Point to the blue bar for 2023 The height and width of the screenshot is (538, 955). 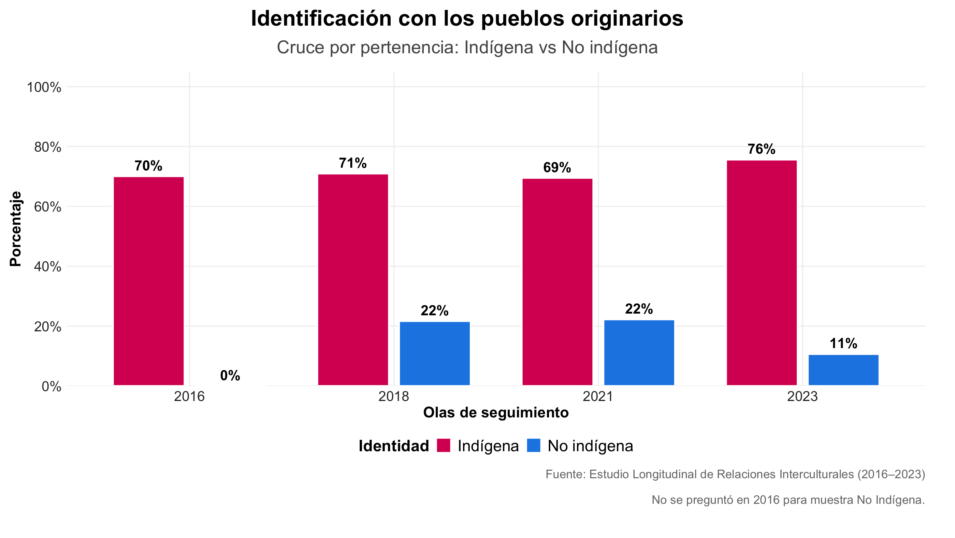coord(843,370)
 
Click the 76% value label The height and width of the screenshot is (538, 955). coord(762,149)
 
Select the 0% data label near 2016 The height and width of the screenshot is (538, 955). coord(230,375)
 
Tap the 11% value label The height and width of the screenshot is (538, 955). coord(843,343)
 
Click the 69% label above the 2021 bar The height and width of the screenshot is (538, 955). coord(557,167)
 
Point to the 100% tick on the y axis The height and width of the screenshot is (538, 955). coord(44,87)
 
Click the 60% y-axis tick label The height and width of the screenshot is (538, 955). coord(47,207)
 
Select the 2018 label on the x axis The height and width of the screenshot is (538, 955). coord(393,397)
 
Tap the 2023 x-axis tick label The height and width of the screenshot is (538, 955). coord(802,397)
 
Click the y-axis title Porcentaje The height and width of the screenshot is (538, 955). coord(16,229)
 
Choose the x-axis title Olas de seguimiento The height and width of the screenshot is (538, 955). coord(496,413)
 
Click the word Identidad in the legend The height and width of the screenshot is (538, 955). coord(394,446)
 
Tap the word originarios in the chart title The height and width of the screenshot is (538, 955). coord(627,18)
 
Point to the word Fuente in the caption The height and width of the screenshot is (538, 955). coord(565,474)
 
